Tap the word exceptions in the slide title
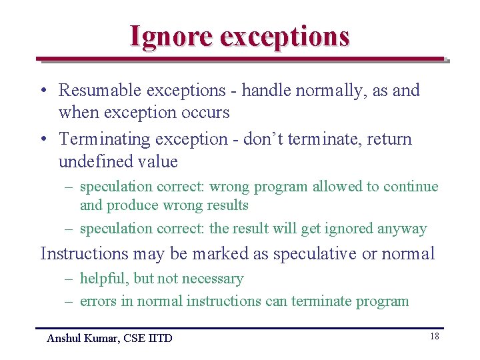tap(285, 36)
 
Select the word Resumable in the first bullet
tap(99, 90)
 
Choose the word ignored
tap(348, 229)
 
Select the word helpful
tap(105, 279)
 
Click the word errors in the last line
tap(98, 301)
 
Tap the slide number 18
tap(435, 337)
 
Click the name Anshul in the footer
tap(64, 339)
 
